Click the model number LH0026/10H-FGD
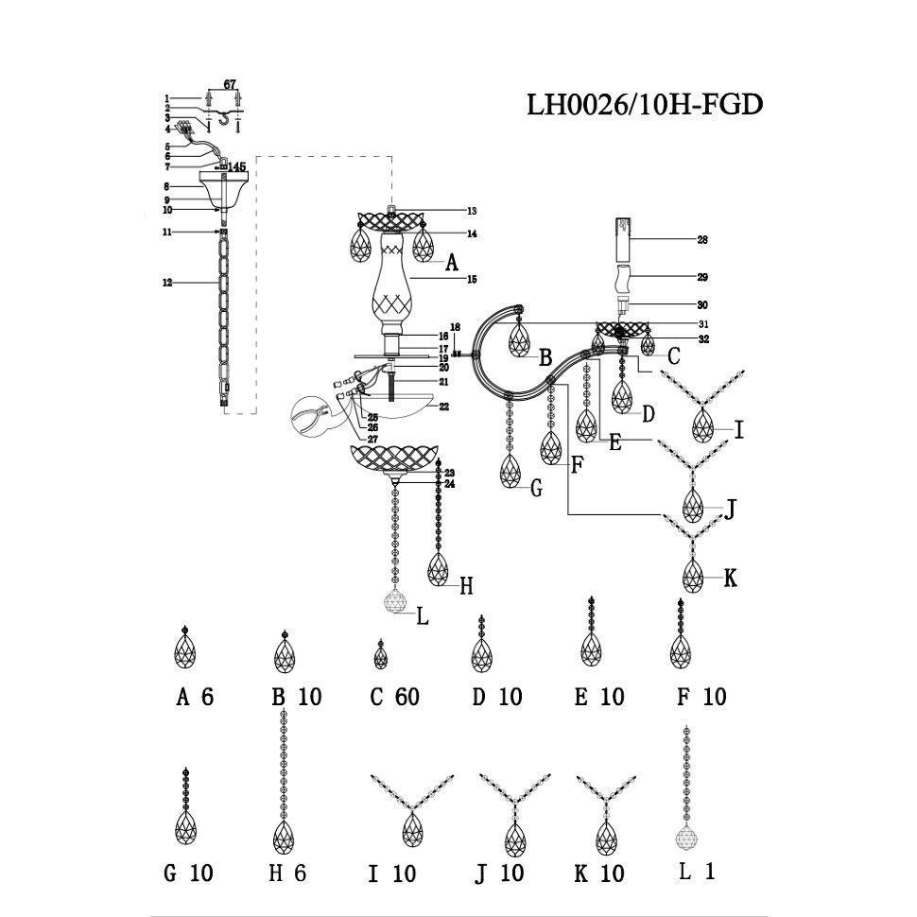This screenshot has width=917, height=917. (x=644, y=104)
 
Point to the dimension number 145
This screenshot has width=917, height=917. (x=235, y=167)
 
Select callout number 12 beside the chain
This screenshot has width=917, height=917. (x=167, y=283)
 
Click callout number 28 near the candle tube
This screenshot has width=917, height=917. (x=702, y=241)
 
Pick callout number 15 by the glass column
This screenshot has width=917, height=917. (x=472, y=280)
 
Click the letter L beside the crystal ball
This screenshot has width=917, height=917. (x=422, y=616)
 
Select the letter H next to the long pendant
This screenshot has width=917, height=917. (x=465, y=586)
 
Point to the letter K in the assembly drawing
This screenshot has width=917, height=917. (x=729, y=578)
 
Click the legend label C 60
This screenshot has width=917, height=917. (x=394, y=698)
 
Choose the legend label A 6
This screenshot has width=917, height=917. (x=195, y=698)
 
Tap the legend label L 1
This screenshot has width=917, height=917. (x=697, y=872)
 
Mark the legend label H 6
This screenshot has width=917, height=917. (x=287, y=873)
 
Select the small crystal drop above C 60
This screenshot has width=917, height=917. (x=381, y=654)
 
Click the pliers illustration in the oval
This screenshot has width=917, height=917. (x=314, y=416)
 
